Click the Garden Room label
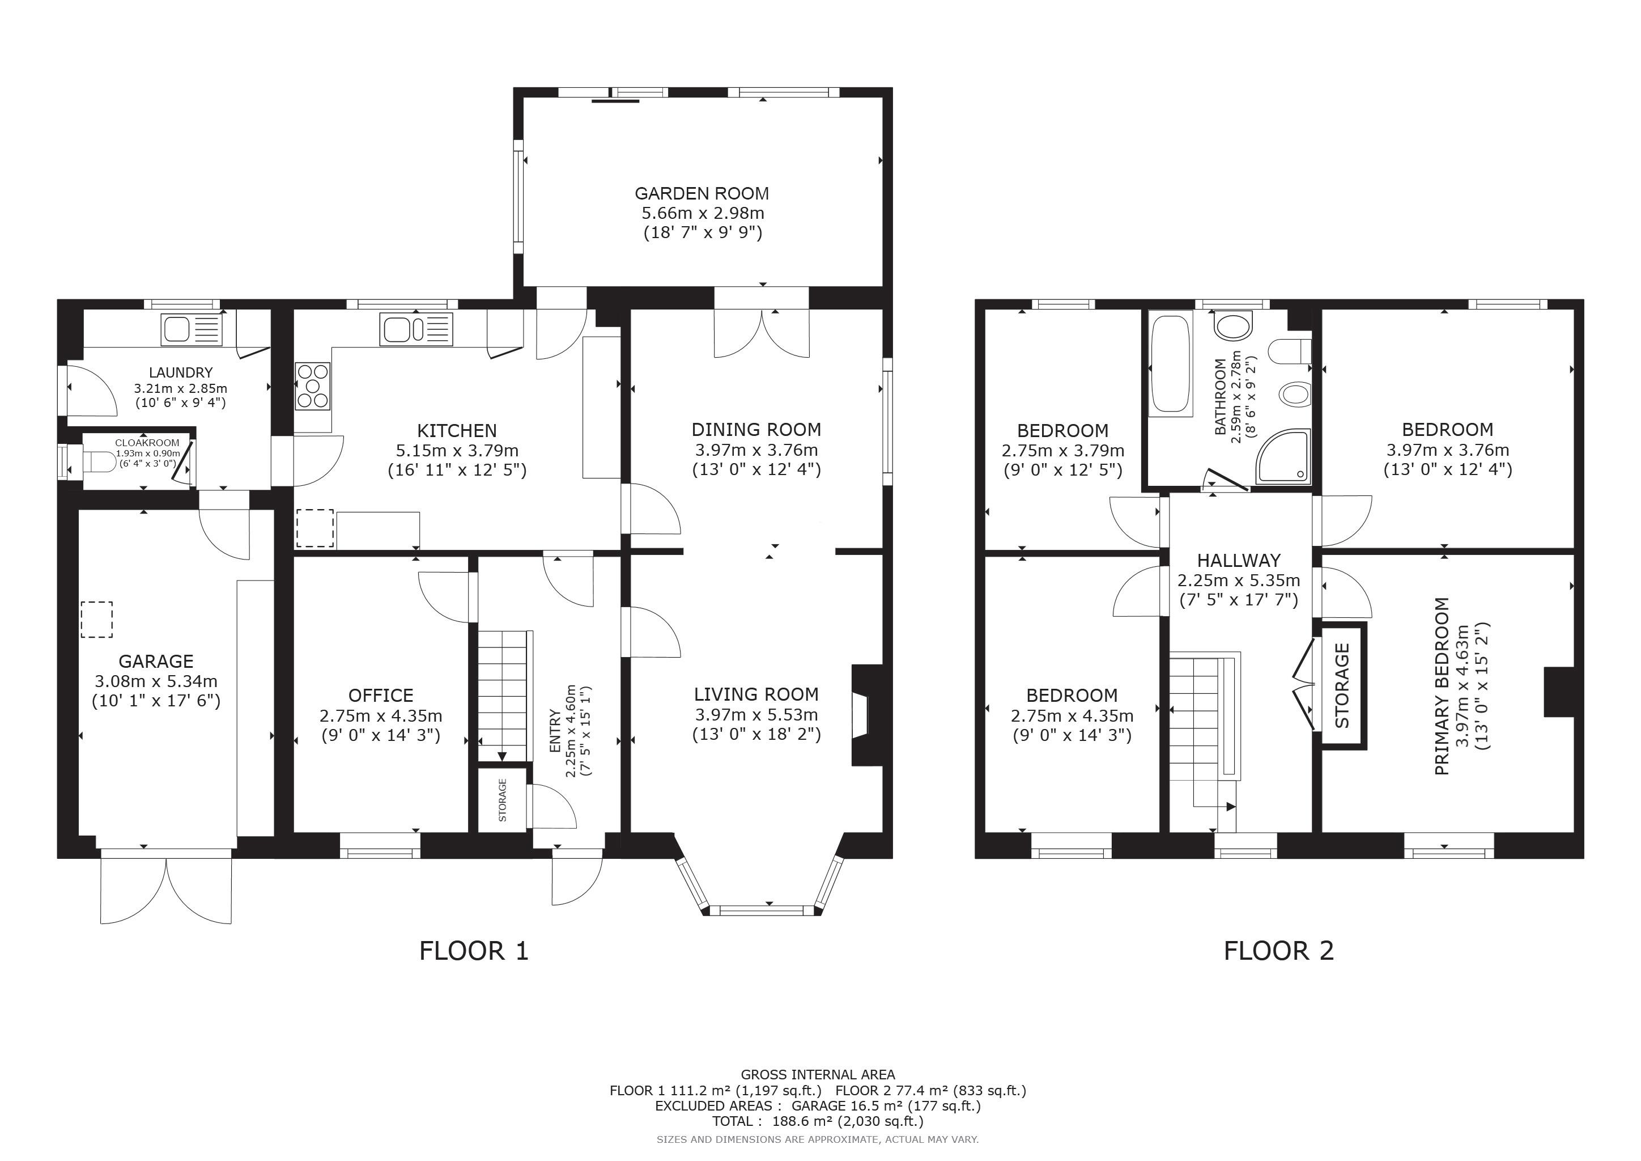(x=702, y=193)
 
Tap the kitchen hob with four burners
(x=313, y=386)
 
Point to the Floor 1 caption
(x=474, y=951)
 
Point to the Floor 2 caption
(x=1279, y=951)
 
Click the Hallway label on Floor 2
(x=1239, y=561)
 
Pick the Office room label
(x=381, y=696)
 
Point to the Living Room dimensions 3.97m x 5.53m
(x=756, y=714)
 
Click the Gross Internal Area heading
(x=818, y=1074)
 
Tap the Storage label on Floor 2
(x=1342, y=685)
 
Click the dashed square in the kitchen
(x=314, y=528)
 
